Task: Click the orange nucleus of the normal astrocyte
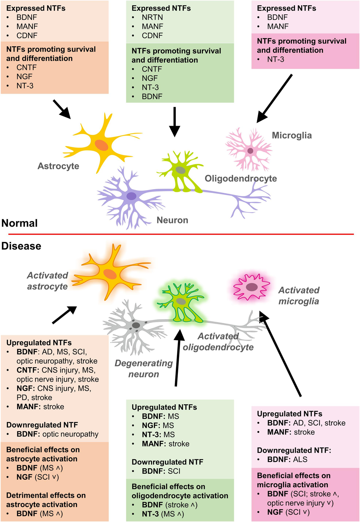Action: [101, 145]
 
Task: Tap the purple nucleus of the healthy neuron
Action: [131, 196]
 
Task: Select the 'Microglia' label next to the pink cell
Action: [292, 135]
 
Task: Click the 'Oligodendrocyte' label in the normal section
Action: [241, 178]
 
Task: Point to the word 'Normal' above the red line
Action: [19, 223]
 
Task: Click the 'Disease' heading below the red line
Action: [21, 246]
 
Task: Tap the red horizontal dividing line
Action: [180, 234]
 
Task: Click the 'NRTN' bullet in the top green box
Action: [152, 17]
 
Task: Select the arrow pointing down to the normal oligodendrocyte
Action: [175, 122]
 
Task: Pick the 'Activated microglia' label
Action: [298, 296]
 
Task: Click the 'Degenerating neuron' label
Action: [144, 369]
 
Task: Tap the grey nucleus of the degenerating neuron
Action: [136, 325]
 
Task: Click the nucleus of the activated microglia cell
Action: [251, 287]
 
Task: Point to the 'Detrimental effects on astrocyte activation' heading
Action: [46, 500]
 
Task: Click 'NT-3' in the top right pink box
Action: [275, 59]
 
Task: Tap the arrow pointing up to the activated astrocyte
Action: [64, 315]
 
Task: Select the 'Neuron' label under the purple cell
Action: [172, 220]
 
